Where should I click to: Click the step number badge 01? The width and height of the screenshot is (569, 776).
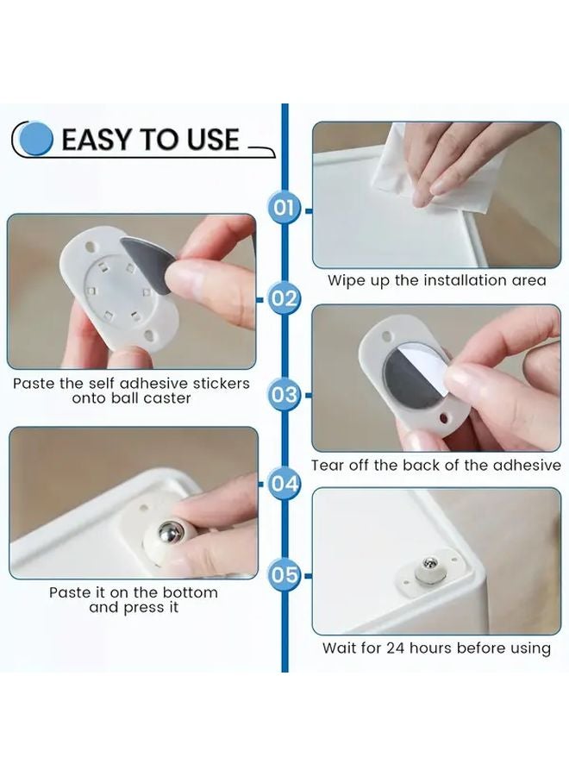coord(284,208)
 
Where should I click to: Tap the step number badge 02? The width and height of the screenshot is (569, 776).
coord(284,299)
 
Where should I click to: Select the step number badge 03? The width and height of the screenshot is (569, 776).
coord(284,395)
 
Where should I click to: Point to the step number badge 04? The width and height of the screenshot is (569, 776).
coord(284,484)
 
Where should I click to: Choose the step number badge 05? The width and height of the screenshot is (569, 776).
coord(284,573)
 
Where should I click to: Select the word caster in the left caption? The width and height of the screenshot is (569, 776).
coord(161,398)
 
